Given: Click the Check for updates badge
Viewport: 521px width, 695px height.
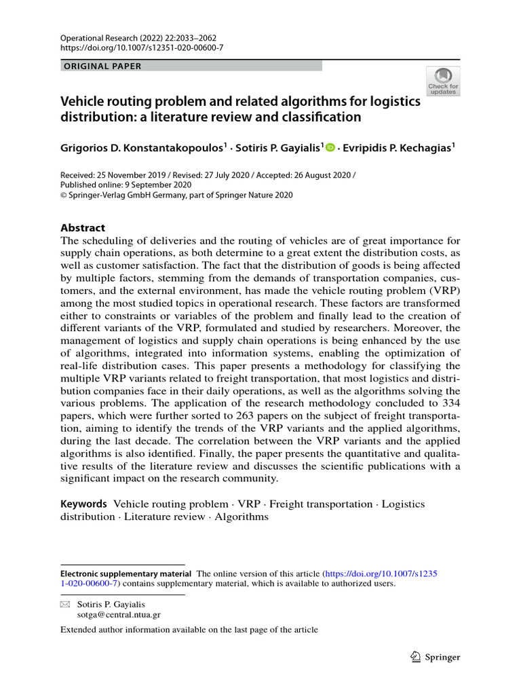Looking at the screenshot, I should coord(443,81).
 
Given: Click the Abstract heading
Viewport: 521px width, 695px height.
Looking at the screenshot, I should coord(83,228).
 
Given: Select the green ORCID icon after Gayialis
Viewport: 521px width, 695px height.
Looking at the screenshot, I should coord(331,146).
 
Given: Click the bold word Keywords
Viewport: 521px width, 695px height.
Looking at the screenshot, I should coord(83,504).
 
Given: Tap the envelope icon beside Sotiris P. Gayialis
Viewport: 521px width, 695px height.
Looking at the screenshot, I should coord(65,604).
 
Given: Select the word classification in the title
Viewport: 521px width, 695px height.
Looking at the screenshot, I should coord(322,117).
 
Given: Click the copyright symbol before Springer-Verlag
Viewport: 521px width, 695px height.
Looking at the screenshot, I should coord(64,195).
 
